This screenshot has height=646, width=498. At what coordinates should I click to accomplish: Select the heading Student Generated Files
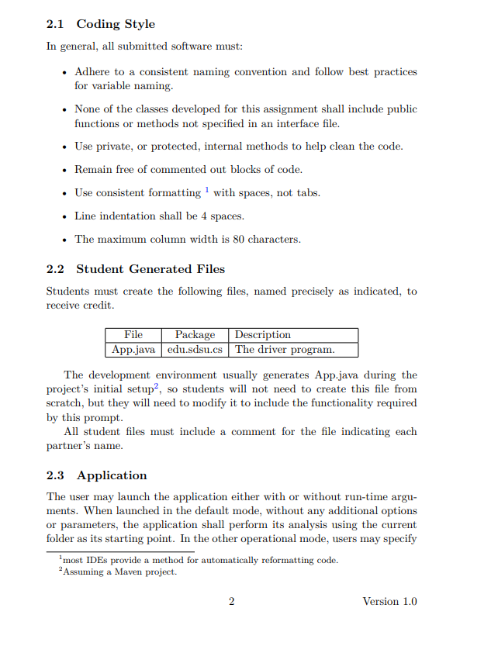[x=150, y=269]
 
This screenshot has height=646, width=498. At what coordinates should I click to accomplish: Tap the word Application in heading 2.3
[x=112, y=475]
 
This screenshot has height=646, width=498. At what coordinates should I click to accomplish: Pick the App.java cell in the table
[x=133, y=350]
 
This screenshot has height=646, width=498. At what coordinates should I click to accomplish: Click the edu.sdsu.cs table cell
[x=195, y=350]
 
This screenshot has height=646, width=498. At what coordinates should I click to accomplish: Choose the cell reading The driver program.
[x=285, y=350]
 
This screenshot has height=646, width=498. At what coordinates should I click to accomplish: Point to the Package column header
[x=195, y=335]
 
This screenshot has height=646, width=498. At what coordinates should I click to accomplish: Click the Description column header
[x=263, y=335]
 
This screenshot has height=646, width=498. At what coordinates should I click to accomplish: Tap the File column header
[x=133, y=335]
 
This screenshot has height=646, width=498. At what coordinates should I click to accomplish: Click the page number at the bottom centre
[x=231, y=602]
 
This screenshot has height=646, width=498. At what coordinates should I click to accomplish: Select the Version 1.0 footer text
[x=389, y=602]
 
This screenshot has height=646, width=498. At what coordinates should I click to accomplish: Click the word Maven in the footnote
[x=128, y=572]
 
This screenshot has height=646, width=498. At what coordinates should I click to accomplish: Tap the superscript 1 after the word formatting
[x=207, y=190]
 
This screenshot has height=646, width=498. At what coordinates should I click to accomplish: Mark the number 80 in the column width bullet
[x=239, y=240]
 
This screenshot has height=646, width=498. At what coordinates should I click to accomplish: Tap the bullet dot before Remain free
[x=63, y=170]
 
